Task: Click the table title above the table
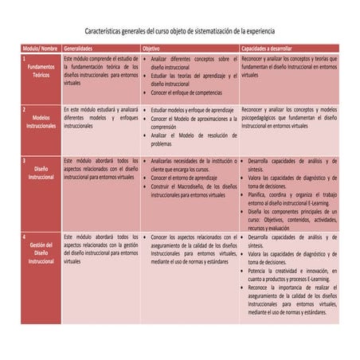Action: tap(181, 28)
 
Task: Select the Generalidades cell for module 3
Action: tap(100, 169)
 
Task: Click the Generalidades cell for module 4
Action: tap(100, 248)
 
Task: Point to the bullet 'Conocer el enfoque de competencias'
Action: tap(187, 92)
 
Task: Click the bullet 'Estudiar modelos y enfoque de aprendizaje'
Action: tap(191, 110)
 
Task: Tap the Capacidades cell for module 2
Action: tap(288, 117)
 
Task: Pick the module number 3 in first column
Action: tap(25, 161)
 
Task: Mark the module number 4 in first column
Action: tap(25, 237)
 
